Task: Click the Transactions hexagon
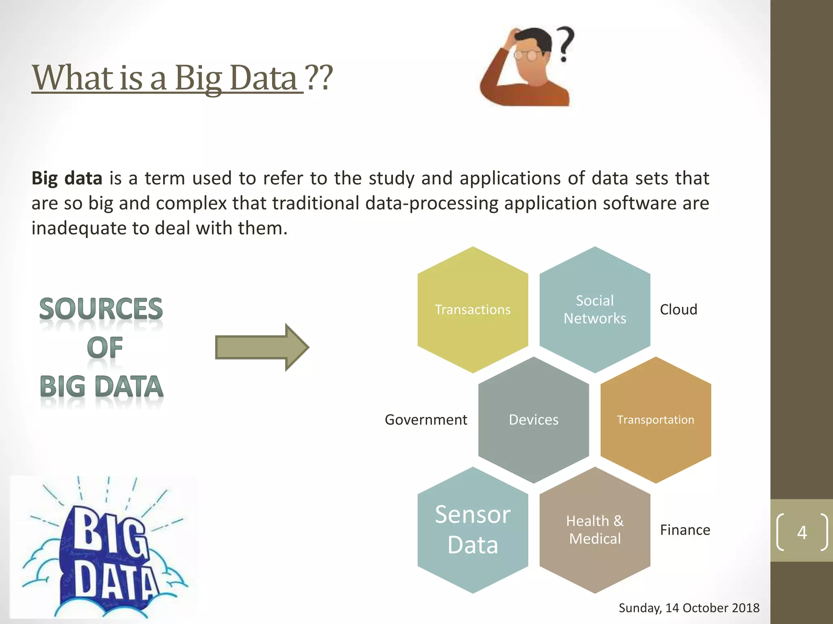point(473,310)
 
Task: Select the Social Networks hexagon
point(595,310)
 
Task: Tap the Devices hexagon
point(534,420)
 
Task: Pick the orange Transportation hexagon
point(656,420)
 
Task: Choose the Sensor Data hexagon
point(473,530)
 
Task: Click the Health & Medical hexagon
point(595,530)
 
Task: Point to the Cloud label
point(678,310)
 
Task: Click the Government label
point(426,420)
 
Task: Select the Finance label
point(685,530)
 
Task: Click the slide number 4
point(802,532)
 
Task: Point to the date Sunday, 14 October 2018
point(689,608)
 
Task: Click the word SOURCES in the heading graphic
point(101,309)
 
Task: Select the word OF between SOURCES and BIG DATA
point(105,348)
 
